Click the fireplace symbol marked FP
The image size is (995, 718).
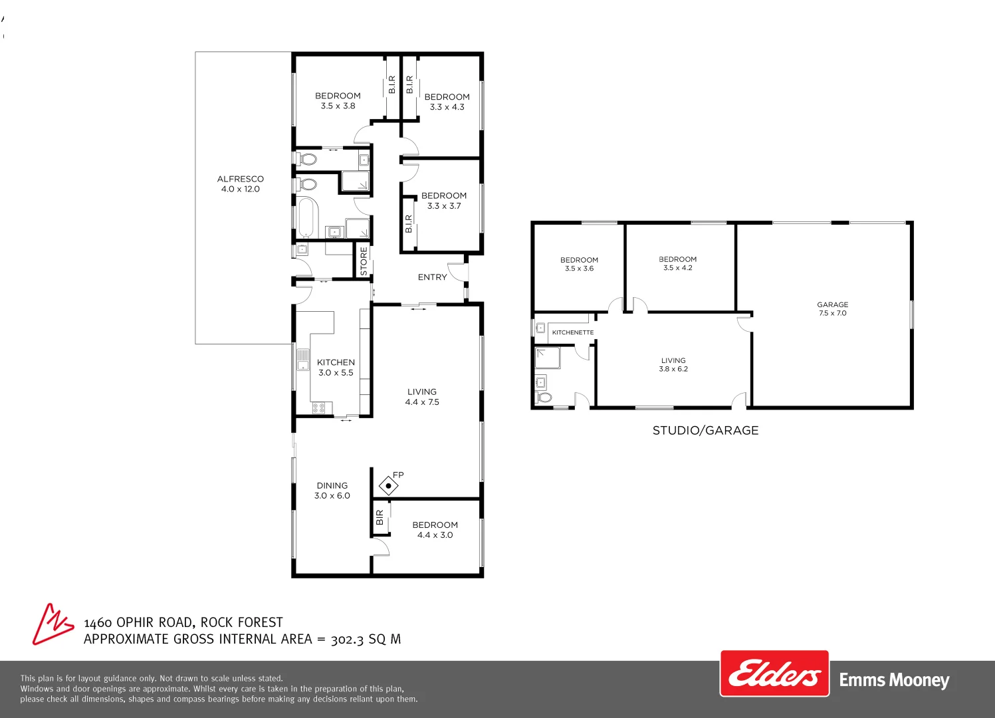(x=388, y=485)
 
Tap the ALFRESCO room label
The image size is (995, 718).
(x=241, y=179)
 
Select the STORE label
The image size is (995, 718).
(x=364, y=261)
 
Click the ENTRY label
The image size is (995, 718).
(x=432, y=277)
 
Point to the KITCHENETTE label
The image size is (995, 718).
(x=572, y=332)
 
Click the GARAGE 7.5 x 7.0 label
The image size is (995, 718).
(x=832, y=308)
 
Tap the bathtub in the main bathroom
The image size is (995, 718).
(x=306, y=217)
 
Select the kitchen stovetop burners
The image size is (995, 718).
(x=318, y=408)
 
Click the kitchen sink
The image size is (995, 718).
(x=303, y=360)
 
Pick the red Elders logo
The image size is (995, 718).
(x=774, y=673)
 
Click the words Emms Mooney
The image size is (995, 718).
(x=894, y=680)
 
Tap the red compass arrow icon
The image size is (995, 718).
(x=52, y=624)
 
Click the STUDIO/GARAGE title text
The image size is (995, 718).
(x=705, y=430)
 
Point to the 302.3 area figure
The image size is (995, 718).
(x=348, y=639)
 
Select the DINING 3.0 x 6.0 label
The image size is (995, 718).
(x=332, y=491)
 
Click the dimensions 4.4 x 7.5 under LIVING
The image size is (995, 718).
(x=422, y=402)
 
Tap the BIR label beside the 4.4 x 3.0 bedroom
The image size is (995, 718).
(x=380, y=517)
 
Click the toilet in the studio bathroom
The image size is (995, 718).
(x=544, y=397)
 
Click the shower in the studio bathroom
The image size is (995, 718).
(x=547, y=358)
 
